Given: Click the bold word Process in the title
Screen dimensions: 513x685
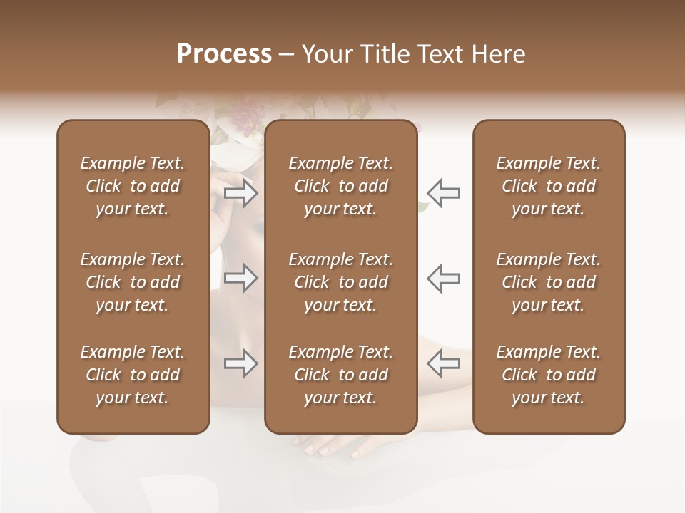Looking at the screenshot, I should click(x=224, y=54).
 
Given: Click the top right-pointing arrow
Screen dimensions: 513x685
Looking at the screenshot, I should click(x=241, y=193).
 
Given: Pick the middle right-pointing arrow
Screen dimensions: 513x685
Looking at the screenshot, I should click(x=241, y=278).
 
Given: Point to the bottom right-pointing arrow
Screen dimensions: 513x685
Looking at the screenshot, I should click(x=241, y=363).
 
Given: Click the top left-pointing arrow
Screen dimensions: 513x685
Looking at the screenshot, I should click(x=443, y=193).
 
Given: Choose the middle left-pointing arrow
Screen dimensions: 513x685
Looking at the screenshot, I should click(x=443, y=278).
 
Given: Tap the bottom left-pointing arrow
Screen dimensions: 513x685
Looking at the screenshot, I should click(x=443, y=363).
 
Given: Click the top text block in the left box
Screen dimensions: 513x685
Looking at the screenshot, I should click(x=133, y=186).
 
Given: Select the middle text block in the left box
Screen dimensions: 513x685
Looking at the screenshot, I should click(x=133, y=282).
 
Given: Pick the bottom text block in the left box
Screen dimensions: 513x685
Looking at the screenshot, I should click(x=133, y=375).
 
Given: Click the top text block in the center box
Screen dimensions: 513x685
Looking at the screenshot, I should click(x=341, y=186).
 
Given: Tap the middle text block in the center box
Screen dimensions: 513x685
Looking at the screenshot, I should click(x=341, y=282).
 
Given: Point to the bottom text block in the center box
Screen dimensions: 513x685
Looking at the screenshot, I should click(x=341, y=375).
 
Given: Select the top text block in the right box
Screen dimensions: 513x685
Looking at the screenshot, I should click(x=549, y=186).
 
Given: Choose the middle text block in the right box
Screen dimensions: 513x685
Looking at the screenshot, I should click(x=549, y=282).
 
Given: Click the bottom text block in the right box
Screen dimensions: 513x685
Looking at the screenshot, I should click(x=549, y=375).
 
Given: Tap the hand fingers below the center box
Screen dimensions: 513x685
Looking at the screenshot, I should click(x=335, y=447).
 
